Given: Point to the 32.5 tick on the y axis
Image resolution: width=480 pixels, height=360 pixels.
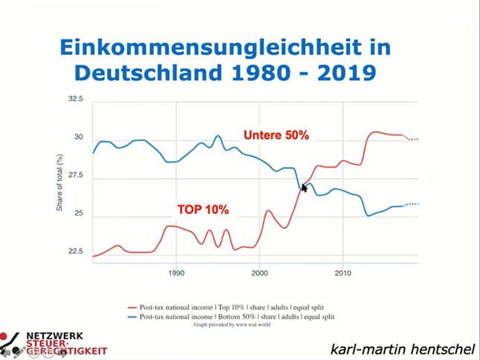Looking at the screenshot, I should pyautogui.click(x=76, y=99).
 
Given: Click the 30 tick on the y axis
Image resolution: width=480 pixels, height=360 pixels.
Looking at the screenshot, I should pyautogui.click(x=79, y=138).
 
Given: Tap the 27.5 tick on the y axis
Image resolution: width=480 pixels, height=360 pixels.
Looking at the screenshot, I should pyautogui.click(x=76, y=177).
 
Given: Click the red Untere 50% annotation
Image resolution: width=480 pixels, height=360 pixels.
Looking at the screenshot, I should pyautogui.click(x=276, y=135).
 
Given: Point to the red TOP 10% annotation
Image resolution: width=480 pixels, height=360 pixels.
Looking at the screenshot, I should pyautogui.click(x=202, y=210).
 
